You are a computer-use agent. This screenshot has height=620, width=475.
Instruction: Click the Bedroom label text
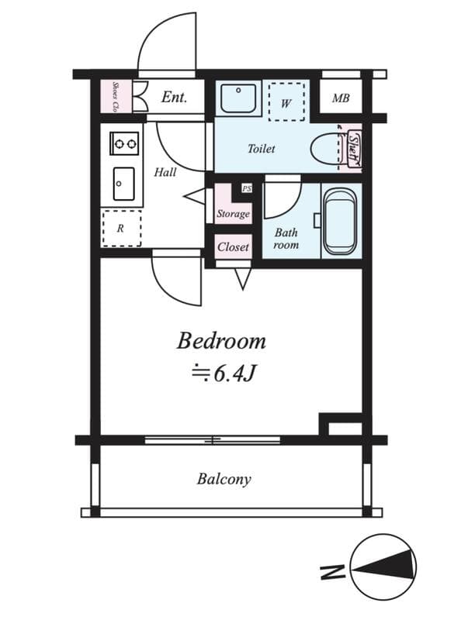click(221, 341)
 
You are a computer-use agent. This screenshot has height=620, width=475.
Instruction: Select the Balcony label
click(224, 479)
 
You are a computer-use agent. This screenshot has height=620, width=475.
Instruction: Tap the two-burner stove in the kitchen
click(124, 143)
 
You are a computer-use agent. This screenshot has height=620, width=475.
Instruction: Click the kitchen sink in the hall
click(124, 184)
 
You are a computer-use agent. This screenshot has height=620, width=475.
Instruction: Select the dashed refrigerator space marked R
click(122, 228)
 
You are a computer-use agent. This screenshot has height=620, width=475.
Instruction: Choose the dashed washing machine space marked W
click(286, 102)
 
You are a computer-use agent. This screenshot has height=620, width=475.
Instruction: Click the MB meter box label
click(341, 98)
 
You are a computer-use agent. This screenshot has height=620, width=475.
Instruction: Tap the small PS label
click(247, 189)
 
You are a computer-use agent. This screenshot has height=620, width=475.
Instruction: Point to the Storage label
click(233, 215)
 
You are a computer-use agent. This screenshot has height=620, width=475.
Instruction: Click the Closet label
click(233, 247)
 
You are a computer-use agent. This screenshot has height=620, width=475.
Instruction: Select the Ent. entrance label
click(174, 97)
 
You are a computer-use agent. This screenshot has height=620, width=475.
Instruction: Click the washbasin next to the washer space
click(238, 98)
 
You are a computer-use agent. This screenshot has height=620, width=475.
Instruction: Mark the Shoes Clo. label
click(116, 96)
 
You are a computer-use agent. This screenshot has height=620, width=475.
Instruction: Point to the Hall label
click(165, 172)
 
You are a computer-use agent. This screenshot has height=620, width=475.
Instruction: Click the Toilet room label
click(262, 149)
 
